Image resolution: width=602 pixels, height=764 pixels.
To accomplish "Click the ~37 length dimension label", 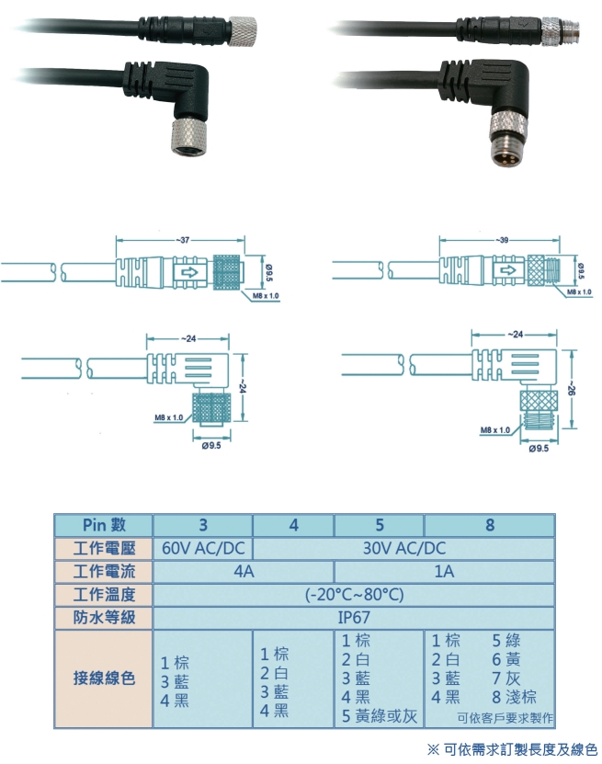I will [184, 240].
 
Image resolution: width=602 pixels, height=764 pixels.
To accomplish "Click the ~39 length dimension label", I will [504, 240].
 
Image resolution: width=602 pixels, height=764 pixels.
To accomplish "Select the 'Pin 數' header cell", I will [104, 525].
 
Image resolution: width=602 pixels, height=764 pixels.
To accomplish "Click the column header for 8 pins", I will [490, 525].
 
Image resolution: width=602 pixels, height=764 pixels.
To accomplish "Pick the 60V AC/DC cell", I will [203, 548].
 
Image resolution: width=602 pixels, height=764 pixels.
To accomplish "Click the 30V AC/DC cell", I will [403, 548].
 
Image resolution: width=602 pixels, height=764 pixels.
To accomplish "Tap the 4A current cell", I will [244, 571].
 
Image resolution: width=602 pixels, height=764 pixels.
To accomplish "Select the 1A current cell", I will [445, 571].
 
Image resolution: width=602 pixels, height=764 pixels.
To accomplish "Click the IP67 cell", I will [354, 617].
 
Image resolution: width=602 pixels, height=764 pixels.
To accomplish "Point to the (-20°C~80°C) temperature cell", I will [354, 594].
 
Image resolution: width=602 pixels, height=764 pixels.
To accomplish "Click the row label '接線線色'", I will [104, 678].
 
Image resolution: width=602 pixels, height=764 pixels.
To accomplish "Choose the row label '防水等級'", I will [104, 617].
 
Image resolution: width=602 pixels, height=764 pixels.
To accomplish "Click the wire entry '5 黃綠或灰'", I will [380, 715].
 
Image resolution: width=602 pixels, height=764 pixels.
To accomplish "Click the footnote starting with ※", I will [511, 748].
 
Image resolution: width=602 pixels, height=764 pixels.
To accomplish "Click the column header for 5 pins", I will [379, 525].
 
